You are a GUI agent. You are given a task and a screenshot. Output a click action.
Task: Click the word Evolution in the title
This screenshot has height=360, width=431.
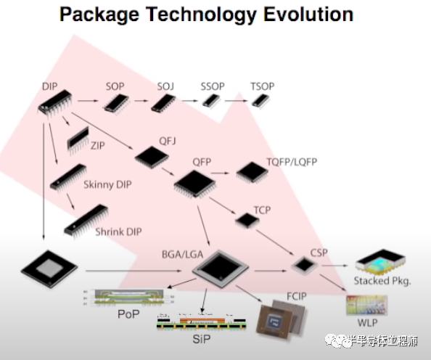308,14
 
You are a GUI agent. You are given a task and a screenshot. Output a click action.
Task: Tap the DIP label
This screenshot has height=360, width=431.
50,86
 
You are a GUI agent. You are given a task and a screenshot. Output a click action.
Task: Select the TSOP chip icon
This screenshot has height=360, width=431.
261,101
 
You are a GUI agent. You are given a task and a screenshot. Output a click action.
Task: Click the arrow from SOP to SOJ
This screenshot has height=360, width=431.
141,101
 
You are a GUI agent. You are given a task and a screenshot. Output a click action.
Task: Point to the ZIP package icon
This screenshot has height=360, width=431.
78,139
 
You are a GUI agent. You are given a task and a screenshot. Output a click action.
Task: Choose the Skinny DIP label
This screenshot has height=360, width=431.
107,184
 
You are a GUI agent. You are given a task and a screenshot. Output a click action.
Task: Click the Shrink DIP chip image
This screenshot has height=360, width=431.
86,220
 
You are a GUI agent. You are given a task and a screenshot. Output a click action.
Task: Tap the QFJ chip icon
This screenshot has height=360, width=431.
152,156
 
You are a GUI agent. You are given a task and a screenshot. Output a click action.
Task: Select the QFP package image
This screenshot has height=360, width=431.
194,184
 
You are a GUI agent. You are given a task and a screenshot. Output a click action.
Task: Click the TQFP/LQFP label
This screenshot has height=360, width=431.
292,162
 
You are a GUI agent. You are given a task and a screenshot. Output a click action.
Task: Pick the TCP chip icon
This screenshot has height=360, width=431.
247,221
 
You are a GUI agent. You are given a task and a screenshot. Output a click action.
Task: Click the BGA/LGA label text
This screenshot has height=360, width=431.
183,254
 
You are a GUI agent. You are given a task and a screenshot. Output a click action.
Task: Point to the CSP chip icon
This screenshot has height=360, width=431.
304,266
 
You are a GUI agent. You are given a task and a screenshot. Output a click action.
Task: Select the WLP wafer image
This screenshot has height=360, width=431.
366,305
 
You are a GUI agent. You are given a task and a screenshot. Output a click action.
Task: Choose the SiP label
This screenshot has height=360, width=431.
202,339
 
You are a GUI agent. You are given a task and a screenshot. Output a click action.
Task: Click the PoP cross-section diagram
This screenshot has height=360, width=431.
129,298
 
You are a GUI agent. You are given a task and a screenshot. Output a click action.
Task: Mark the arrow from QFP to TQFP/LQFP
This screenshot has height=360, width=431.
220,173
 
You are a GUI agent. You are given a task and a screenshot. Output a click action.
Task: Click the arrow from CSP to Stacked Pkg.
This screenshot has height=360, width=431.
334,266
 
